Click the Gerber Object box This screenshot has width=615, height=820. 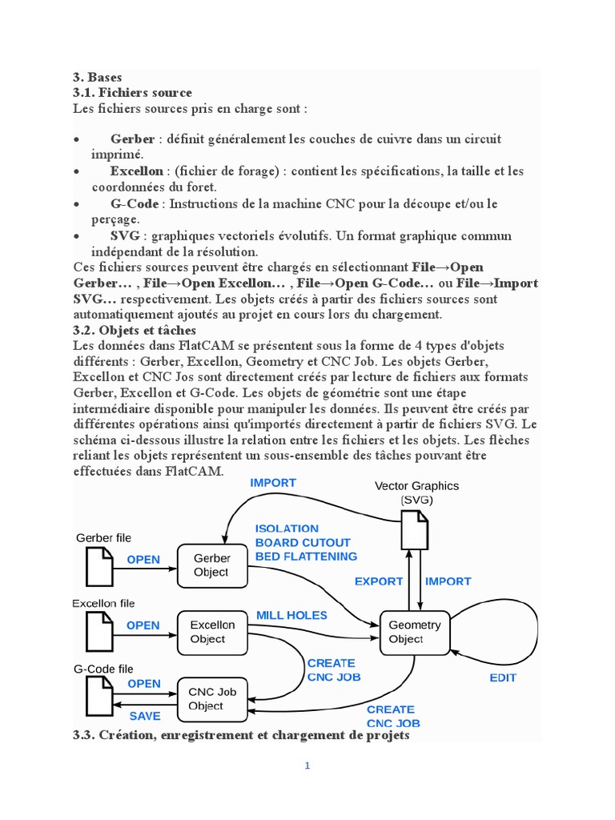coord(211,565)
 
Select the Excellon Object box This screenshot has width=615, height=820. coord(211,632)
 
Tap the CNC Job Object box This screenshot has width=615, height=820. coord(211,699)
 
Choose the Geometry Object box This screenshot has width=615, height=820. coord(414,632)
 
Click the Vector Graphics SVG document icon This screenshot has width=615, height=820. coord(413,530)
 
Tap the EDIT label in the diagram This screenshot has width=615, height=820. coord(503,677)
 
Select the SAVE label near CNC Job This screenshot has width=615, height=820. coord(145,716)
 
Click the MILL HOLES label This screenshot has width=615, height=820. coord(291,615)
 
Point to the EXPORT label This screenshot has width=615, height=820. coord(379,581)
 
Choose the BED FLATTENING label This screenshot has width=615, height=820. coord(306,556)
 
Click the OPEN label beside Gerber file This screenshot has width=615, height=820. coord(143,560)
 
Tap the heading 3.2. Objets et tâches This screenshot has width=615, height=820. coord(135,330)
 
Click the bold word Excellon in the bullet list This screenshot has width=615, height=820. coord(137,171)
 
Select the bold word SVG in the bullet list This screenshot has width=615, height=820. coord(126,235)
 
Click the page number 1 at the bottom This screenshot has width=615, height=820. coord(307,766)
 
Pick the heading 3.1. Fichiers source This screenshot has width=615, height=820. coord(132,93)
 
